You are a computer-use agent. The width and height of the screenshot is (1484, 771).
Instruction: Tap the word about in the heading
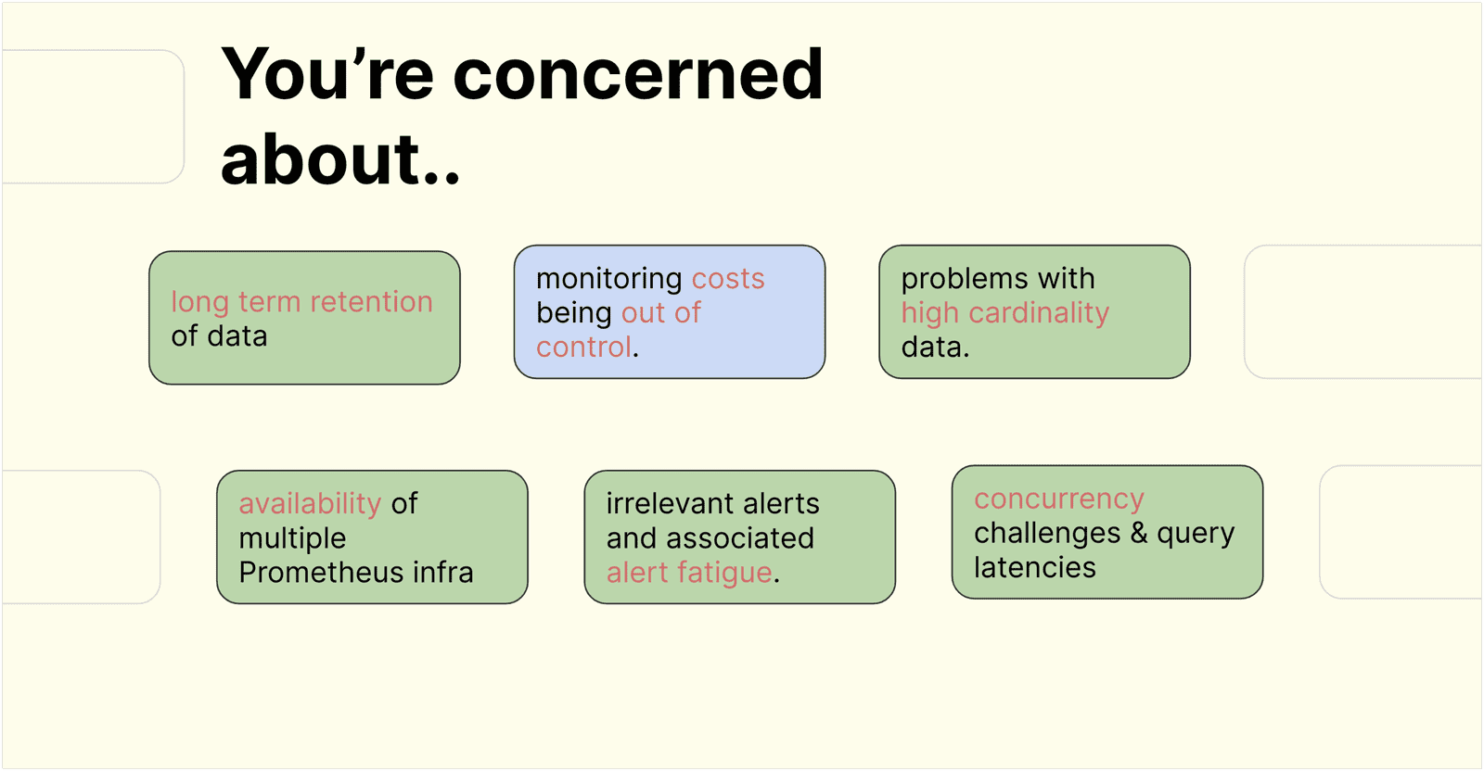tap(321, 159)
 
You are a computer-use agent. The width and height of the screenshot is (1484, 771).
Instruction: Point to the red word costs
tap(728, 279)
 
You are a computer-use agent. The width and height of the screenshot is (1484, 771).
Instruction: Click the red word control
tap(584, 348)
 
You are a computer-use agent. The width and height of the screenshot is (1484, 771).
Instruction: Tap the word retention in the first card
tap(371, 302)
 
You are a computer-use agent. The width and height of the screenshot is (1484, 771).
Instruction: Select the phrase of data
tap(219, 336)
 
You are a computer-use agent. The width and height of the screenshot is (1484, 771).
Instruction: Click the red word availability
tap(310, 504)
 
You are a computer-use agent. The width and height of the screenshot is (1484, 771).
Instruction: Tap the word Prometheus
tap(321, 573)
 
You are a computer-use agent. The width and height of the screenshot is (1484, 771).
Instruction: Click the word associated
tap(739, 538)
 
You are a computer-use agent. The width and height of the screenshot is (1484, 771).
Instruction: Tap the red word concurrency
tap(1058, 499)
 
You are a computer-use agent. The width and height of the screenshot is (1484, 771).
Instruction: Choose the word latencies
tap(1034, 567)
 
